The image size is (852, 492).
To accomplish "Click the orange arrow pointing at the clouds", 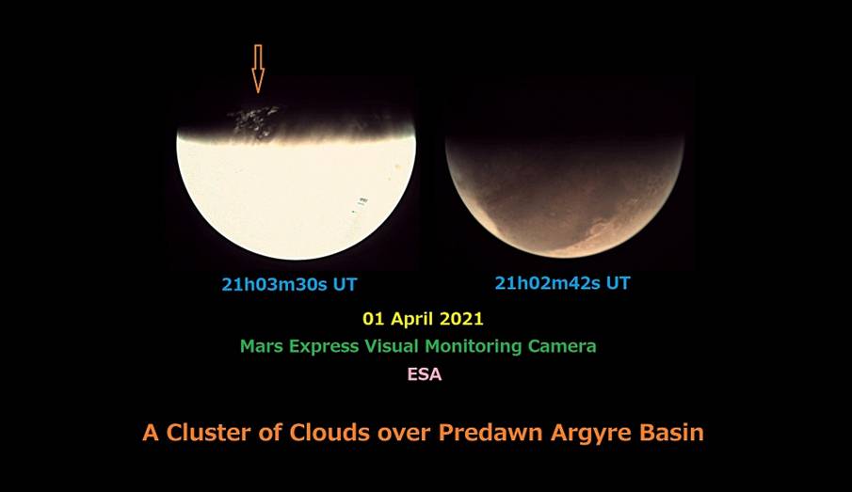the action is tap(258, 69).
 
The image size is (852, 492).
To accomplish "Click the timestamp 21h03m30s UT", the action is tap(289, 284).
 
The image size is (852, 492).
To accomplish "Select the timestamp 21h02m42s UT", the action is tap(562, 283).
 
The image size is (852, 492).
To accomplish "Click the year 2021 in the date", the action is tap(461, 318).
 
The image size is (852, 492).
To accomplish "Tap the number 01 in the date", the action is tap(374, 318).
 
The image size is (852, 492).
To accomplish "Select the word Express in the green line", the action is tap(324, 347).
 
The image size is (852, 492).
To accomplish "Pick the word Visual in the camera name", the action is tap(392, 346).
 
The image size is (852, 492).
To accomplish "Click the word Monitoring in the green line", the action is tap(474, 347).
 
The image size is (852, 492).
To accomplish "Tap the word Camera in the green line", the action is tap(562, 346).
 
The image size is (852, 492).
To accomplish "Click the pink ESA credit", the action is tap(425, 374).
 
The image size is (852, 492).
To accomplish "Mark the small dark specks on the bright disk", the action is tap(360, 203).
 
